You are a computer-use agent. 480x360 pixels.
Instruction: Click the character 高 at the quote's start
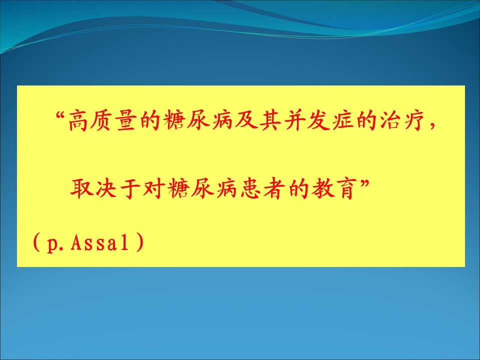78,121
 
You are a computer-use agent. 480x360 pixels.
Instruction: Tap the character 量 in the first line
126,121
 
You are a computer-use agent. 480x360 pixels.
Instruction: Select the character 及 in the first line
245,121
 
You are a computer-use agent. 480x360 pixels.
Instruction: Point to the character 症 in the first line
340,121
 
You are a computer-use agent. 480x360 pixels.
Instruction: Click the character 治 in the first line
388,121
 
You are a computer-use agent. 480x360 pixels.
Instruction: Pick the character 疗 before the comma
412,121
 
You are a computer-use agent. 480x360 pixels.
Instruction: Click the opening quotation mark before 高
62,115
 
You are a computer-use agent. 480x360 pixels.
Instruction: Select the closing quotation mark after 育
364,183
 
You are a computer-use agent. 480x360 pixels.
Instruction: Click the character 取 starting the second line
81,188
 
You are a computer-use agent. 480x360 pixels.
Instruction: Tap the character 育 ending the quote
346,188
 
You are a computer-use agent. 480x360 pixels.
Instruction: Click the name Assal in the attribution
100,243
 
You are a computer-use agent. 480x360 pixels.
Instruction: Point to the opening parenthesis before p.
36,242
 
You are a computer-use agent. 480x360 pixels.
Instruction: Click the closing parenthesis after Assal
139,242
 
